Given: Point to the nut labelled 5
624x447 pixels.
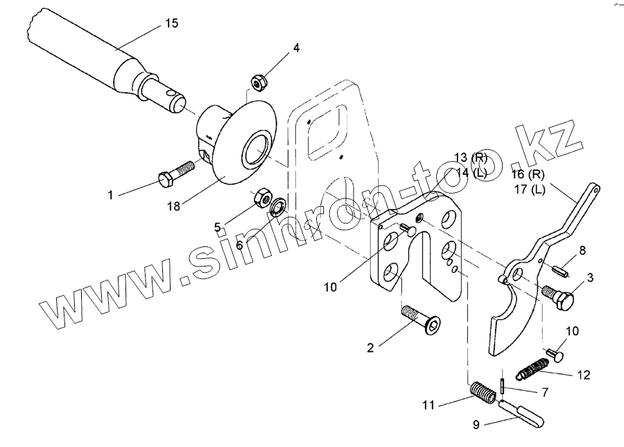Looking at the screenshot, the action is [263, 197].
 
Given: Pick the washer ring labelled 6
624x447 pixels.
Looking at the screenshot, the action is [279, 207].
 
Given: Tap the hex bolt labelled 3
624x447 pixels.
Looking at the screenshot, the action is [561, 297].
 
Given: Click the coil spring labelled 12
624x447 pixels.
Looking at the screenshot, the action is [535, 369].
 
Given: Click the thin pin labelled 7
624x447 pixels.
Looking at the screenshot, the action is [500, 383].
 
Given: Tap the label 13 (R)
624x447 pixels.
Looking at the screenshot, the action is [471, 157].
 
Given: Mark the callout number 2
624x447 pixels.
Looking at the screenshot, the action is [370, 347].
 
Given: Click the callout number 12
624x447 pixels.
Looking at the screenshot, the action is [583, 375].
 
